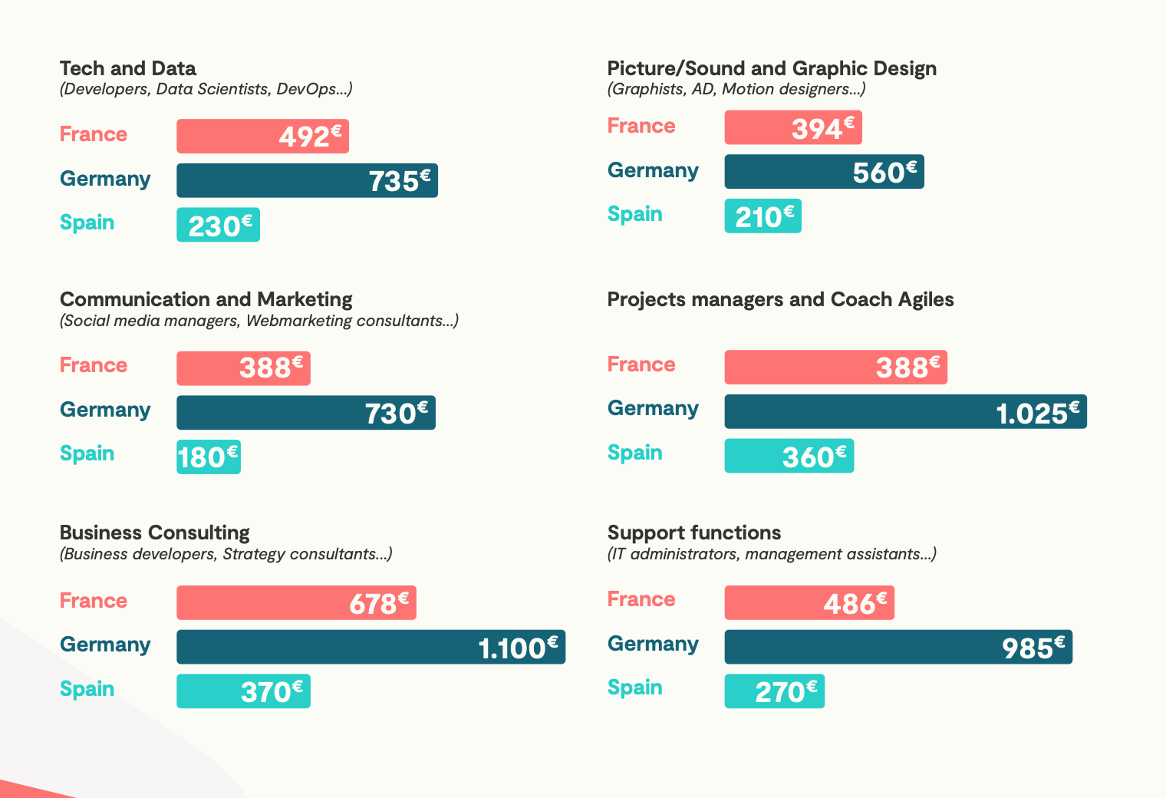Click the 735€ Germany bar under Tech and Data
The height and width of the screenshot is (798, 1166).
coord(307,180)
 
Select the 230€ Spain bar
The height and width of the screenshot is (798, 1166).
coord(218,225)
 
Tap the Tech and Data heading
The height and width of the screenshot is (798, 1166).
coord(128,68)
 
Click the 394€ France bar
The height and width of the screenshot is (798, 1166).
coord(793,127)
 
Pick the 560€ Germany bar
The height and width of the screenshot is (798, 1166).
coord(824,172)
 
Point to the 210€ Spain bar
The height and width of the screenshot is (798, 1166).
coord(763,216)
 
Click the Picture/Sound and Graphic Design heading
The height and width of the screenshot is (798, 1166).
coord(772,68)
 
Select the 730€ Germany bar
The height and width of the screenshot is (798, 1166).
coord(306,413)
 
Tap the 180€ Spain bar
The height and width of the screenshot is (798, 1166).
coord(209,457)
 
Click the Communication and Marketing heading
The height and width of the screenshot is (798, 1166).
coord(206,299)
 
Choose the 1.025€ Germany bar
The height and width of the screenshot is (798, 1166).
coord(905,412)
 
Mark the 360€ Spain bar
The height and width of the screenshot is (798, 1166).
coord(789,456)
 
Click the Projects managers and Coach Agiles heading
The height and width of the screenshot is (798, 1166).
coord(780,299)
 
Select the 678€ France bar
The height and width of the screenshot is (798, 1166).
coord(296,603)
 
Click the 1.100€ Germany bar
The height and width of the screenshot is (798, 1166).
coord(371,647)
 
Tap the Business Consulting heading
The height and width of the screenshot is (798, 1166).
coord(155,533)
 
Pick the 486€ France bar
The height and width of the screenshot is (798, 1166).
coord(809,603)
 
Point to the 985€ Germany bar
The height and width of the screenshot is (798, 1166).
coord(898,647)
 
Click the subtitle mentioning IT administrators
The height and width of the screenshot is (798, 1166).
coord(772,554)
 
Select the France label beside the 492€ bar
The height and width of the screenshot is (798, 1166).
coord(94,134)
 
